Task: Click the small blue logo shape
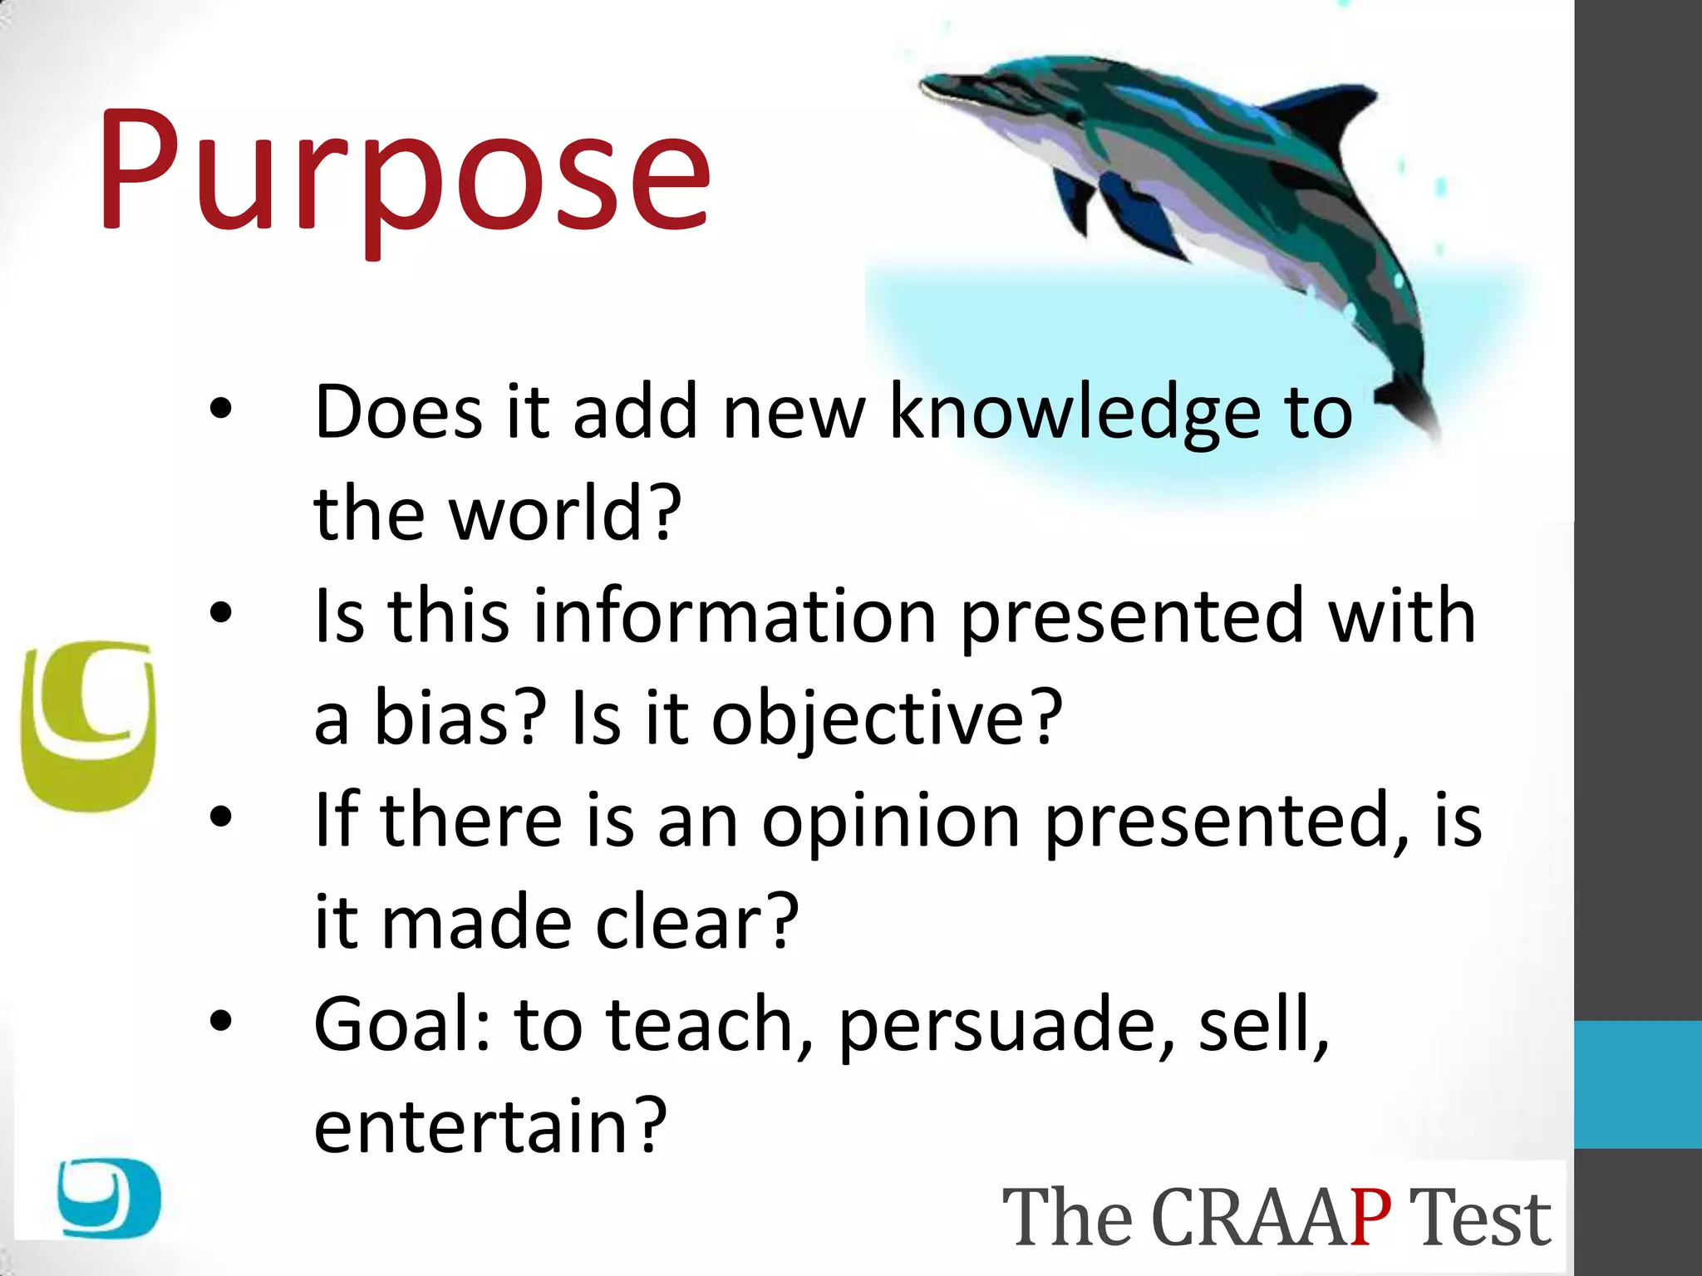tap(109, 1197)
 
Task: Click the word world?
tap(565, 513)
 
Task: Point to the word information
tap(735, 616)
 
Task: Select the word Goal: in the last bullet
tap(403, 1025)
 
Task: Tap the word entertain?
tap(490, 1127)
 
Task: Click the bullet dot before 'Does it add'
tap(221, 408)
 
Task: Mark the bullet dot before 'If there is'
tap(221, 817)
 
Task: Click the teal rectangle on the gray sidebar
tap(1637, 1084)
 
